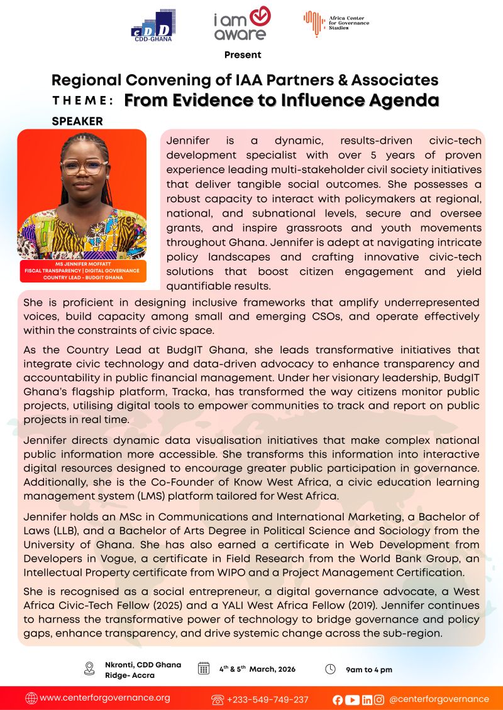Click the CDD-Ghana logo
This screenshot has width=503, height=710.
coord(153,25)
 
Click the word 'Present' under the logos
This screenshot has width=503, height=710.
coord(243,55)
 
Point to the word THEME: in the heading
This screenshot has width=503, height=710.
coord(83,101)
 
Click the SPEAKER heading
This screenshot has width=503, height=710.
coord(77,121)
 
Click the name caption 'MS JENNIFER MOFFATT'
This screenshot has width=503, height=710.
coord(82,265)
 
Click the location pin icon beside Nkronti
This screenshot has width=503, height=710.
coord(89,669)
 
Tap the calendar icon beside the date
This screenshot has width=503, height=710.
coord(204,669)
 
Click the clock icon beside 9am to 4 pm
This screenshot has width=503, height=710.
coord(330,669)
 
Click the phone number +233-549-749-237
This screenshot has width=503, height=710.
coord(267,699)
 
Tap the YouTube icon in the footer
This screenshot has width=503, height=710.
coord(353,699)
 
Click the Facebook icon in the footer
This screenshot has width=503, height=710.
coord(338,699)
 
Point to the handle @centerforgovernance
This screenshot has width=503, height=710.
coord(439,699)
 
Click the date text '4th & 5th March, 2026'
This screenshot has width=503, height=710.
coord(257,669)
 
